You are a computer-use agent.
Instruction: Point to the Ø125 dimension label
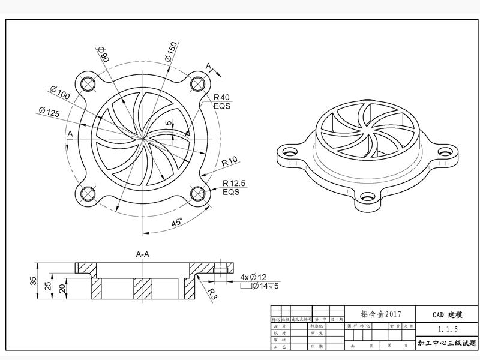49,112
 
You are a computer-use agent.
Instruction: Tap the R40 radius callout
222,97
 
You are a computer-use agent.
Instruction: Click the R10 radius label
230,161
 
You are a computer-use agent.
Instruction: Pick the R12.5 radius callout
233,184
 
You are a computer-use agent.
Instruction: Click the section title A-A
143,254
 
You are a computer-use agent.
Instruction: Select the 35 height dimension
33,280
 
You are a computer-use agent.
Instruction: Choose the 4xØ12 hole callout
253,277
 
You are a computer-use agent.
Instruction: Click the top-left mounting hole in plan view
88,83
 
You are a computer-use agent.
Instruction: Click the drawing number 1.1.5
448,329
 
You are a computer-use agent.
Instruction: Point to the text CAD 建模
448,314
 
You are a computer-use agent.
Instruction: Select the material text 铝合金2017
380,314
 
